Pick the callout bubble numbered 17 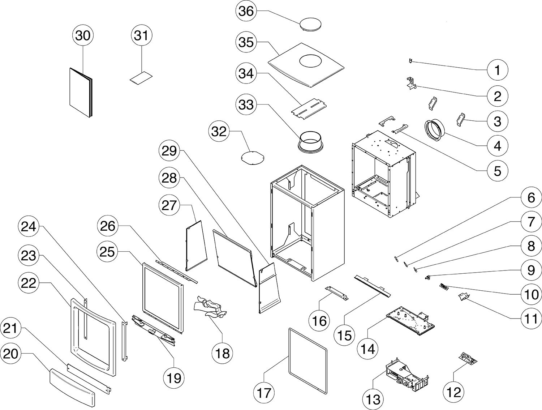pyautogui.click(x=264, y=392)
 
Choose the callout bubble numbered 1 pyautogui.click(x=497, y=70)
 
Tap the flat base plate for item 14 pyautogui.click(x=410, y=318)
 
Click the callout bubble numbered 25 pyautogui.click(x=107, y=252)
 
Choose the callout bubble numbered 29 pyautogui.click(x=169, y=151)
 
